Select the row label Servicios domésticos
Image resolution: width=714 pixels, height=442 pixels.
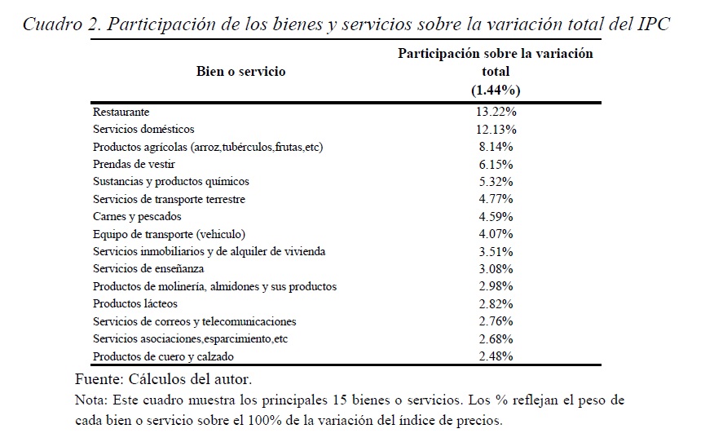[x=143, y=129]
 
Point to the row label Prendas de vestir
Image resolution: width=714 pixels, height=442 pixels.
[x=134, y=164]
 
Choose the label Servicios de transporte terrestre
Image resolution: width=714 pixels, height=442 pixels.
[x=169, y=199]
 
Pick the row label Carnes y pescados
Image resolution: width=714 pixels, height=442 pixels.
[x=137, y=216]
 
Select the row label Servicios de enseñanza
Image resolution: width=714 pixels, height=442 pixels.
[x=148, y=269]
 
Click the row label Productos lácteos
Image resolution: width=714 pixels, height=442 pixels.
[x=135, y=304]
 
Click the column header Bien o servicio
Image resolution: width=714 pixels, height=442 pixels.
[x=241, y=72]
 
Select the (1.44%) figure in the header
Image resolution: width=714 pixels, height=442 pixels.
[x=495, y=90]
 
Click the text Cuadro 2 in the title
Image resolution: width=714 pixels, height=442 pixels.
[x=59, y=24]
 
